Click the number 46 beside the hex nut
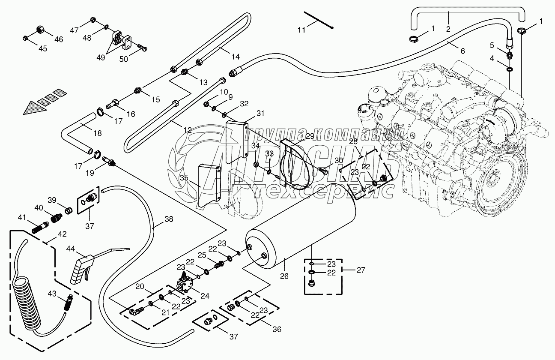tap(58, 39)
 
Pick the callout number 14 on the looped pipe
tap(236, 57)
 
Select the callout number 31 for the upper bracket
tap(261, 113)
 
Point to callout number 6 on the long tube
tap(462, 51)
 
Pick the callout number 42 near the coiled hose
tap(63, 234)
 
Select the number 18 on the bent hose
tap(98, 133)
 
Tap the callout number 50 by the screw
tap(124, 59)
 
